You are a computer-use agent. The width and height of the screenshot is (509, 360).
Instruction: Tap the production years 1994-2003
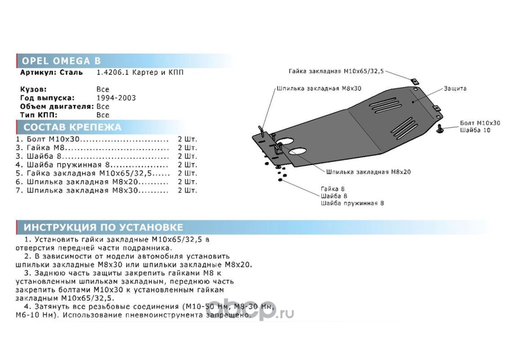click(x=116, y=98)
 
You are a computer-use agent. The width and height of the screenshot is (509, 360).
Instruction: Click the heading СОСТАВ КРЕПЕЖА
click(x=72, y=127)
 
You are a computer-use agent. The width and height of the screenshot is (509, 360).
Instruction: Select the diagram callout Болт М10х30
click(x=480, y=122)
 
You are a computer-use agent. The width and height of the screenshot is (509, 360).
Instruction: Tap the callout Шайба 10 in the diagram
click(x=475, y=130)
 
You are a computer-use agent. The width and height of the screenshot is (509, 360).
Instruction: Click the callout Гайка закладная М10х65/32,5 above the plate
click(x=336, y=71)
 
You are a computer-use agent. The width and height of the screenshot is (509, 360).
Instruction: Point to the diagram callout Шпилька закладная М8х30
click(x=319, y=88)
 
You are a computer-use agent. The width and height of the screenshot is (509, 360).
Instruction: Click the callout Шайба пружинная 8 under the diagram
click(x=352, y=203)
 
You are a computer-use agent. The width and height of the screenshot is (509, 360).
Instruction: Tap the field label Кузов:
click(x=33, y=90)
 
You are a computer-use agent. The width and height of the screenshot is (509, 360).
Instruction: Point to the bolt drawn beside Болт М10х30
click(x=441, y=130)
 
